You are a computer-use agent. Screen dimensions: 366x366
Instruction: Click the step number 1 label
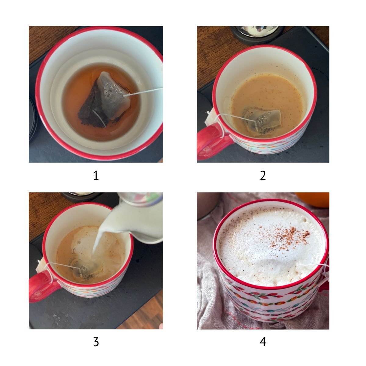96,176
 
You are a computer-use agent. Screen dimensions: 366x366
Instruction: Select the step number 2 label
263,176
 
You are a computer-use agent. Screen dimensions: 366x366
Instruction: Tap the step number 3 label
96,342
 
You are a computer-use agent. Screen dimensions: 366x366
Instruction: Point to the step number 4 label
263,342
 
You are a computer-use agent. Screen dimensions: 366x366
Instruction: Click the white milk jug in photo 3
137,218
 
